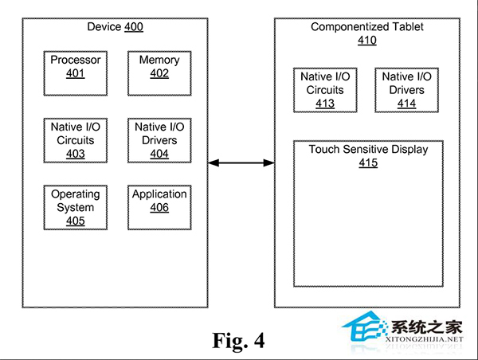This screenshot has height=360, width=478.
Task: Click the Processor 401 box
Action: (76, 73)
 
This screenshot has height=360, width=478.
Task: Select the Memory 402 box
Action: (159, 73)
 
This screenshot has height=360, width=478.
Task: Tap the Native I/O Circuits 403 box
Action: (76, 140)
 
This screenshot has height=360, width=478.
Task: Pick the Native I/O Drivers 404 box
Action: (159, 140)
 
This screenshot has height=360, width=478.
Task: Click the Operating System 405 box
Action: (76, 207)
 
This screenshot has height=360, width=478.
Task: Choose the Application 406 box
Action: (159, 207)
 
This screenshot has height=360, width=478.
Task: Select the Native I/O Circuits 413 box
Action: (325, 90)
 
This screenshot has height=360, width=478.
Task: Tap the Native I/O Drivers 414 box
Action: (406, 90)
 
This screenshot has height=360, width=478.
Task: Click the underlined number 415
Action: (368, 162)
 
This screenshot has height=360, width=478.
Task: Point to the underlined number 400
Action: (134, 27)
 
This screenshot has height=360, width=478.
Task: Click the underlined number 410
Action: (367, 41)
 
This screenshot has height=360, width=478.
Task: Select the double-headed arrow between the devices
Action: (241, 162)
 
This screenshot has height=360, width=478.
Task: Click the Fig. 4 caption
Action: (238, 341)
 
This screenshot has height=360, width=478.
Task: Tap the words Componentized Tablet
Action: (367, 27)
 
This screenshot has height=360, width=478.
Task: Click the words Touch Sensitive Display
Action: (368, 150)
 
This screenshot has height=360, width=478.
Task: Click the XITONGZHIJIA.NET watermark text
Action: (424, 339)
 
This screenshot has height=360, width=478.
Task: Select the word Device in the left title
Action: (104, 27)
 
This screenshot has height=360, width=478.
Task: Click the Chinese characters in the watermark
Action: (427, 327)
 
